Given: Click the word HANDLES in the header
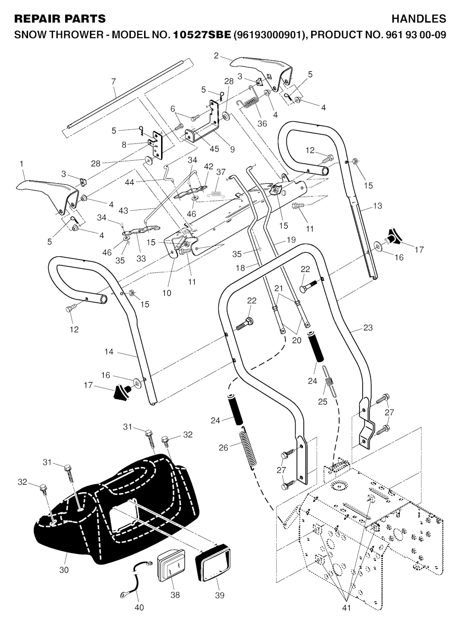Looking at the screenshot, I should [x=419, y=19].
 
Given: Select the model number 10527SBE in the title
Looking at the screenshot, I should [x=202, y=34].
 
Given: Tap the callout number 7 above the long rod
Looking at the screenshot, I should [x=113, y=82].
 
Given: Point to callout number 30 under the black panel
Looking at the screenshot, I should [x=64, y=570].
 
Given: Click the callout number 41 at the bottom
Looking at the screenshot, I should [x=347, y=608].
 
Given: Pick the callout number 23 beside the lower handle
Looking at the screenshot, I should [x=368, y=328].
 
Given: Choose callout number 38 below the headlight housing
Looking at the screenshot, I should [x=175, y=595].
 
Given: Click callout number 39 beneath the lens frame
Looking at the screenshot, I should [x=219, y=595].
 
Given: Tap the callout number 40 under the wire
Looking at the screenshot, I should [x=139, y=608].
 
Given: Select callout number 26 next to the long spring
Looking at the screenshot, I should [x=223, y=447].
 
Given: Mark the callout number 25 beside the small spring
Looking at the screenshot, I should [x=322, y=401].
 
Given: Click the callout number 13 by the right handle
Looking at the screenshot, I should [x=377, y=206].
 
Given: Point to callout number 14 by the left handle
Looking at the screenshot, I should [x=109, y=352].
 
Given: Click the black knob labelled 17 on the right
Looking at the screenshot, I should [x=393, y=236].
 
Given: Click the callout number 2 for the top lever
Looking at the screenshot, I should [x=216, y=56].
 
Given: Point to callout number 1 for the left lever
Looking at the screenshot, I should [x=21, y=164].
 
